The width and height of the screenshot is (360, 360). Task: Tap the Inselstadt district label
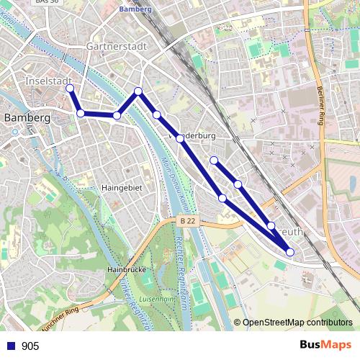click(x=45, y=80)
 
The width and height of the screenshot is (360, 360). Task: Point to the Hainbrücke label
click(x=127, y=269)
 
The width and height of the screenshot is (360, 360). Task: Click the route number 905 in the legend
click(x=30, y=346)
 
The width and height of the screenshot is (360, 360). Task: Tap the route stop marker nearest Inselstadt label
click(x=70, y=89)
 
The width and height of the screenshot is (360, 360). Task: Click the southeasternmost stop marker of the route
click(x=290, y=252)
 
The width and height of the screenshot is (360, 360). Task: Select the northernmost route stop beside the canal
click(x=139, y=91)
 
